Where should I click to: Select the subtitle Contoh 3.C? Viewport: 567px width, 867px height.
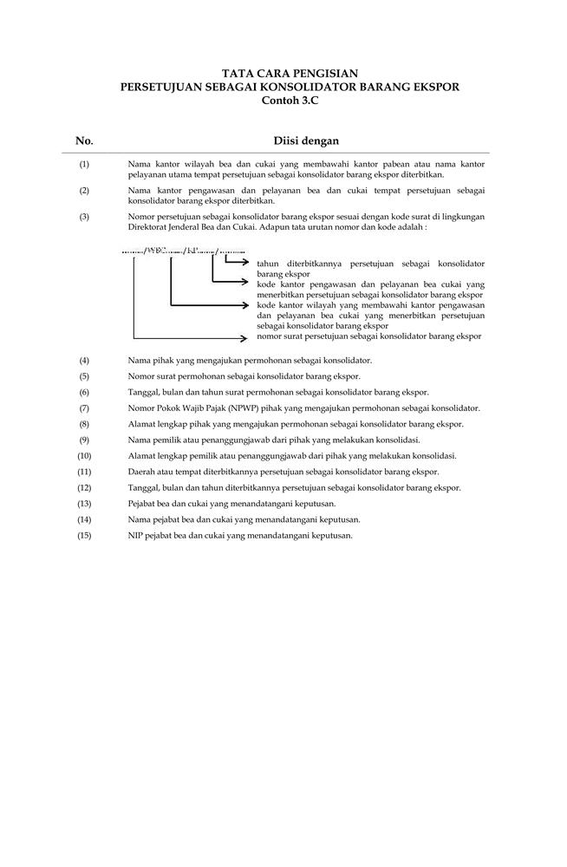[283, 101]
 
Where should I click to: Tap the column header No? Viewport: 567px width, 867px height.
[84, 140]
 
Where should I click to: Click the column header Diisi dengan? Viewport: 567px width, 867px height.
[306, 140]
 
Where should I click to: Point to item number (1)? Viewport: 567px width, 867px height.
[84, 163]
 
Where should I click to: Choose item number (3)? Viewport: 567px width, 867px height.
[84, 217]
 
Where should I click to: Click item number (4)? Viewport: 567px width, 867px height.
[84, 360]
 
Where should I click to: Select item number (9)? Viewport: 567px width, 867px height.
[84, 440]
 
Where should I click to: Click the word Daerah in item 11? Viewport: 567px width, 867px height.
[141, 473]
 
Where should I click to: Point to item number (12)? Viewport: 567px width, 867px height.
[84, 488]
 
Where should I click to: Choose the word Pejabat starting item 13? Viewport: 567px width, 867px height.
[142, 504]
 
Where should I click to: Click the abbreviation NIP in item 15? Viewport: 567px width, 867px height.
[135, 536]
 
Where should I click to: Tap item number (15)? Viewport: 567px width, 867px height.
[84, 536]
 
